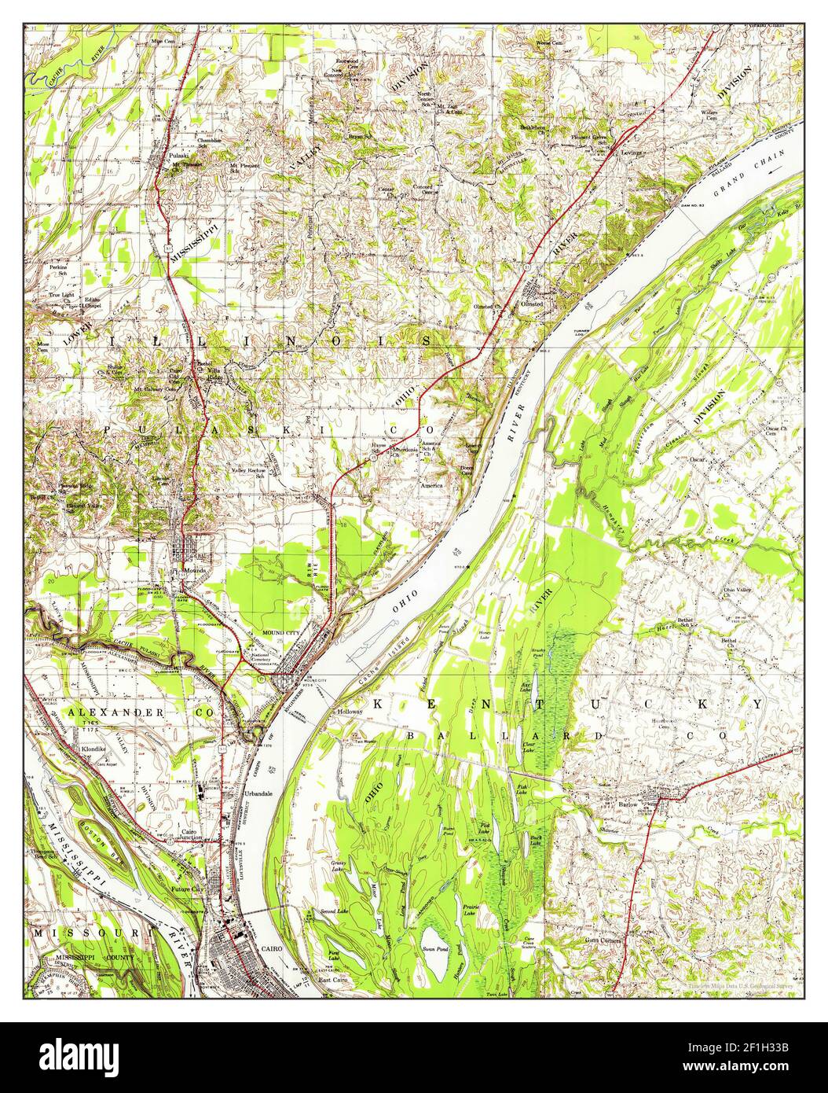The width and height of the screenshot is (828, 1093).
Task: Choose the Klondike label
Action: point(93,749)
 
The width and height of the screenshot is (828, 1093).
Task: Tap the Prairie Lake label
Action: point(470,910)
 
